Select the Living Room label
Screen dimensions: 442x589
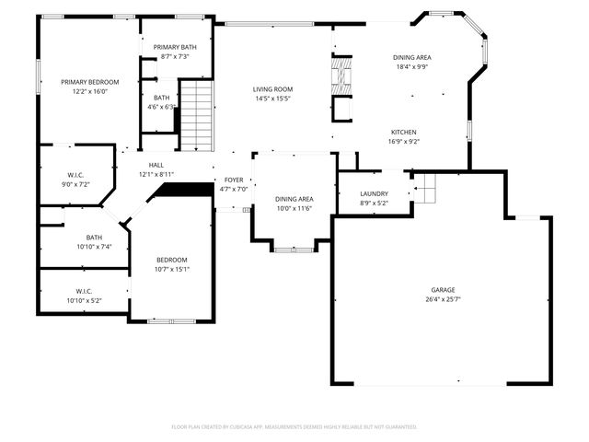pos(272,89)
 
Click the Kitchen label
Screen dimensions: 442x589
pos(403,132)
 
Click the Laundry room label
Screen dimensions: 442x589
pos(373,193)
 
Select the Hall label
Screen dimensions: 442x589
pos(156,165)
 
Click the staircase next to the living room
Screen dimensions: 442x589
pos(196,115)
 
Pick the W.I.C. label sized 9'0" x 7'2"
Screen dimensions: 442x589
pos(75,175)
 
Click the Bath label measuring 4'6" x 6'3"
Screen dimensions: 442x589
pos(161,98)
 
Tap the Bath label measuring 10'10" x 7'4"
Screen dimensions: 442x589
pos(94,237)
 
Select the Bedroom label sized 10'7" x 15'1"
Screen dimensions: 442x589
pos(171,260)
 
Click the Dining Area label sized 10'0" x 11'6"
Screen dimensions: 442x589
pos(294,199)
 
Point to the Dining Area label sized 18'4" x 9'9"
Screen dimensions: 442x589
pos(413,57)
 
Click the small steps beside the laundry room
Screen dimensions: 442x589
pos(423,192)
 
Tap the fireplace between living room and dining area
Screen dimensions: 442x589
pos(341,86)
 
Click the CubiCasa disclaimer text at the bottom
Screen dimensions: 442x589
pos(294,426)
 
